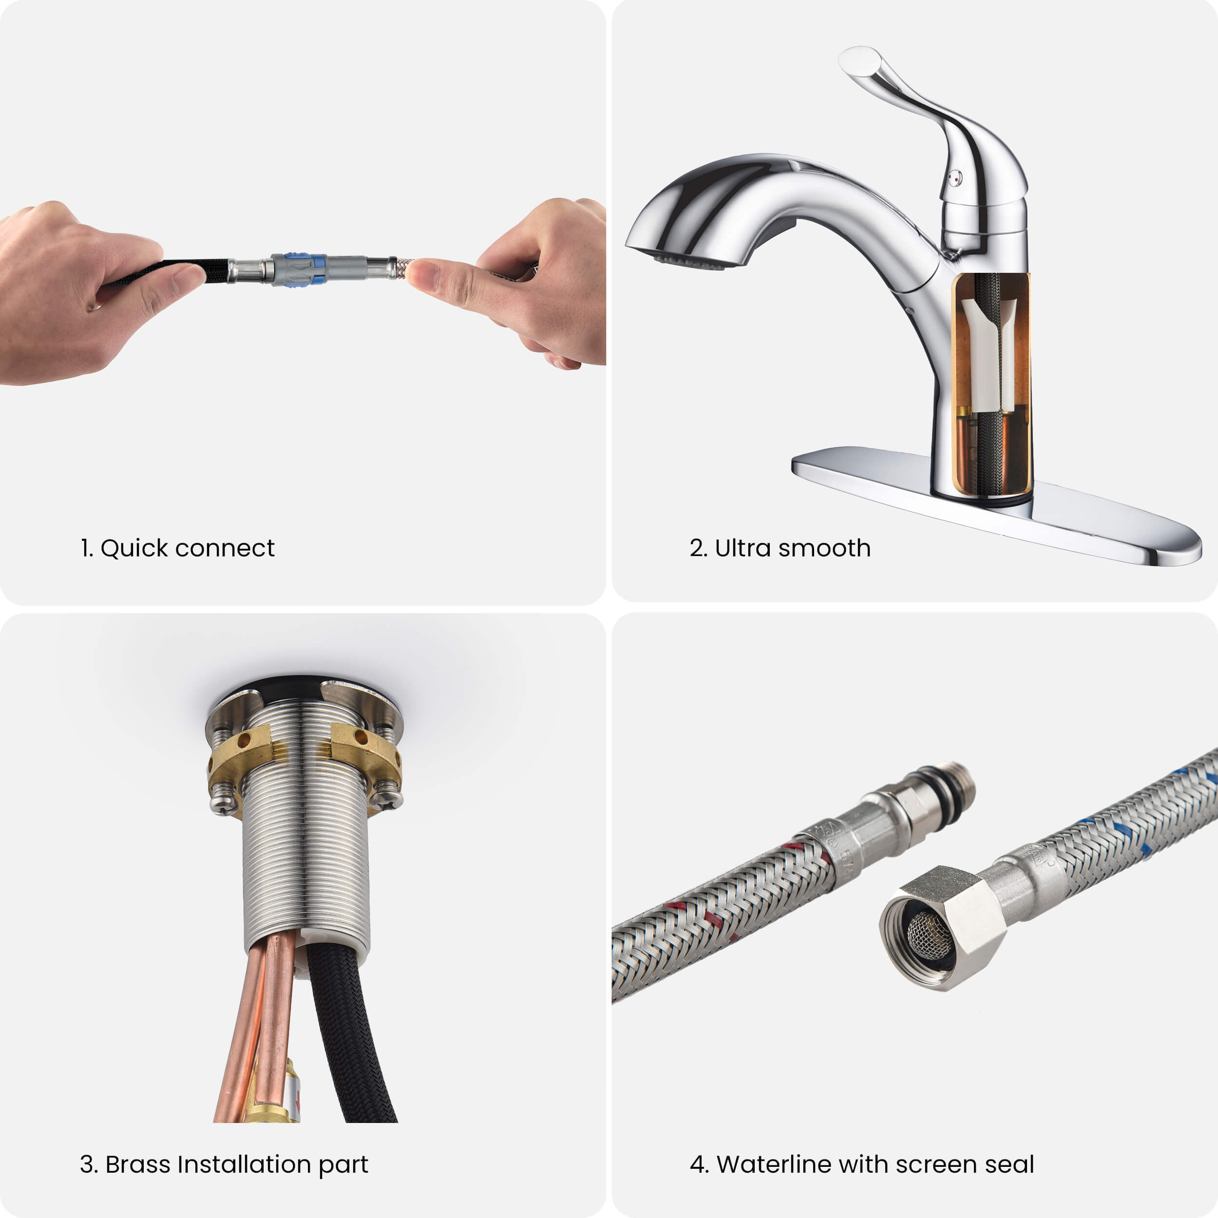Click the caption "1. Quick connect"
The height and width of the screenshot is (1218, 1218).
[177, 548]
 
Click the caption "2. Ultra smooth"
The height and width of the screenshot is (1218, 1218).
[780, 548]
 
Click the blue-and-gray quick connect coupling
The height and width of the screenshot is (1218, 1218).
[300, 269]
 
